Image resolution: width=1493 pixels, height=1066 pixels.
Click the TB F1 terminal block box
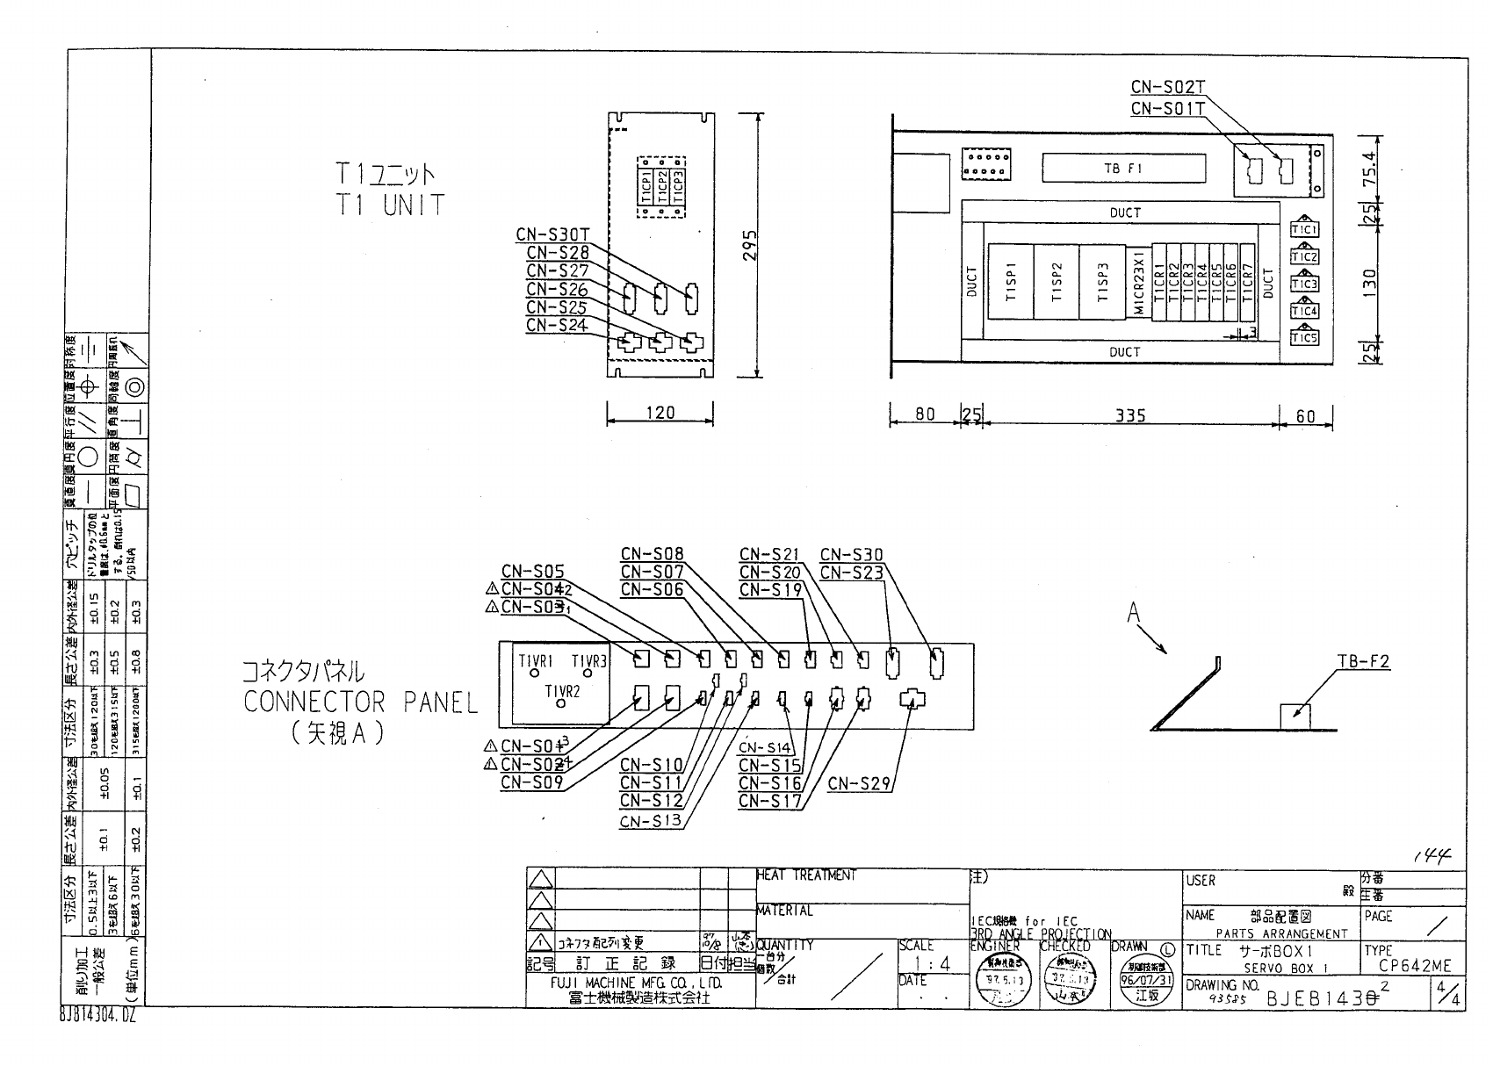tap(1123, 169)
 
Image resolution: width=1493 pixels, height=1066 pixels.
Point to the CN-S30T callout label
tap(552, 234)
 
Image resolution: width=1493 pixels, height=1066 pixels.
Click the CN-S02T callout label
tap(1167, 87)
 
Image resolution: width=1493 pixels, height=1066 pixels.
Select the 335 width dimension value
tap(1129, 415)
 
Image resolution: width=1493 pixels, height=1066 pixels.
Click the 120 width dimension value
tap(660, 413)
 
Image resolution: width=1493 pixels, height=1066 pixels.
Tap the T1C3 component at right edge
tap(1304, 284)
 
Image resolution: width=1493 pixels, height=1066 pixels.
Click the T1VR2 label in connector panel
tap(563, 692)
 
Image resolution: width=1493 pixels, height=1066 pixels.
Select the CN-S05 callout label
tap(533, 571)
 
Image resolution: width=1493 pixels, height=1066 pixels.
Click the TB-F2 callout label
tap(1363, 661)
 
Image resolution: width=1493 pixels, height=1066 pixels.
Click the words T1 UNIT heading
tap(389, 205)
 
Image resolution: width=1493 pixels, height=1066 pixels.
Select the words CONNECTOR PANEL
tap(361, 702)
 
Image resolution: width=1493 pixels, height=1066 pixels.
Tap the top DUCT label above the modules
tap(1125, 212)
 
